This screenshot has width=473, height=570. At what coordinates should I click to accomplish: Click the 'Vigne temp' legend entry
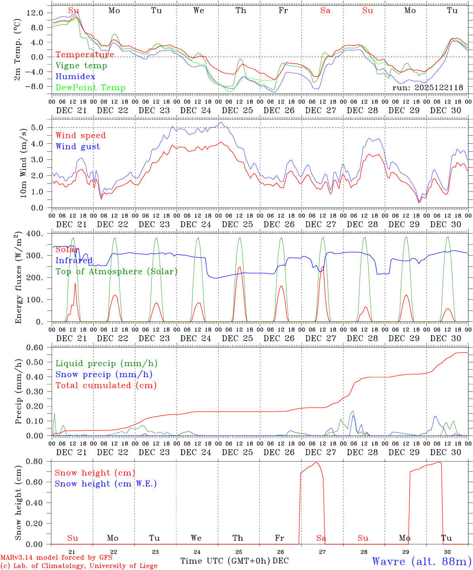click(81, 66)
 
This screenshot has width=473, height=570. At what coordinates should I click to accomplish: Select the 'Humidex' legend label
click(75, 77)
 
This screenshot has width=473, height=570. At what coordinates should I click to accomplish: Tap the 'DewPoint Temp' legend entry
click(90, 88)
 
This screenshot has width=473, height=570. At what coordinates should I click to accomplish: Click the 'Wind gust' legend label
click(78, 146)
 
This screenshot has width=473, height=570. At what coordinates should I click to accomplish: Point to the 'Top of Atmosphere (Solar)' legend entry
click(116, 272)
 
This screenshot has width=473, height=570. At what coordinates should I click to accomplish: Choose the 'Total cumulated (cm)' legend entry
click(106, 386)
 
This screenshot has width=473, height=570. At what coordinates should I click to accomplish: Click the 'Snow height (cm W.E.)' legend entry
click(106, 484)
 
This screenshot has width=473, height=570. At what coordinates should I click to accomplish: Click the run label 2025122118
click(428, 88)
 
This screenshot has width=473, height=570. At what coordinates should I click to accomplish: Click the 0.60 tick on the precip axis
click(35, 348)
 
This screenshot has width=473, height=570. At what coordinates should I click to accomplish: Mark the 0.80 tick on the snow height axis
click(35, 461)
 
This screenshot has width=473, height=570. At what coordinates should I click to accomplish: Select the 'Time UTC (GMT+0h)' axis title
click(225, 561)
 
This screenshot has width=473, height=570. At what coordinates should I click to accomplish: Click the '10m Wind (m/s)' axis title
click(23, 163)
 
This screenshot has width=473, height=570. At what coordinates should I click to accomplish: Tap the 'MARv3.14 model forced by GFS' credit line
click(56, 558)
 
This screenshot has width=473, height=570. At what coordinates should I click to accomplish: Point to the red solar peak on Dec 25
click(239, 268)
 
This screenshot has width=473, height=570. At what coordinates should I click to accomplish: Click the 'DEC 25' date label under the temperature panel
click(237, 110)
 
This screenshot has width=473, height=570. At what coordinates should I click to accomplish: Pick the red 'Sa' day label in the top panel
click(325, 11)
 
